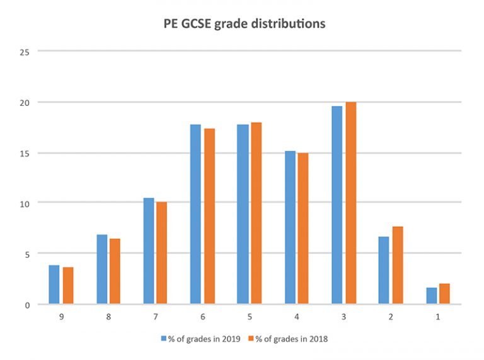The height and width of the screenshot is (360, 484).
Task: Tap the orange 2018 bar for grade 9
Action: coord(68,286)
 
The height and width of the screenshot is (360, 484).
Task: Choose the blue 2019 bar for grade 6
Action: coord(195,214)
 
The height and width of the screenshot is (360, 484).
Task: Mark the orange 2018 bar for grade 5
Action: coord(256,214)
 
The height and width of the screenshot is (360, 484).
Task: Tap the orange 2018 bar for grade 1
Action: coord(444,294)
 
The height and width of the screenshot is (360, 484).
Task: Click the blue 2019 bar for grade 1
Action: coord(431,296)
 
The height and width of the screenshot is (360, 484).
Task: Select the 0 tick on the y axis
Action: coord(25,305)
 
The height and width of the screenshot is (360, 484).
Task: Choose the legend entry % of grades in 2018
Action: coord(291,339)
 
